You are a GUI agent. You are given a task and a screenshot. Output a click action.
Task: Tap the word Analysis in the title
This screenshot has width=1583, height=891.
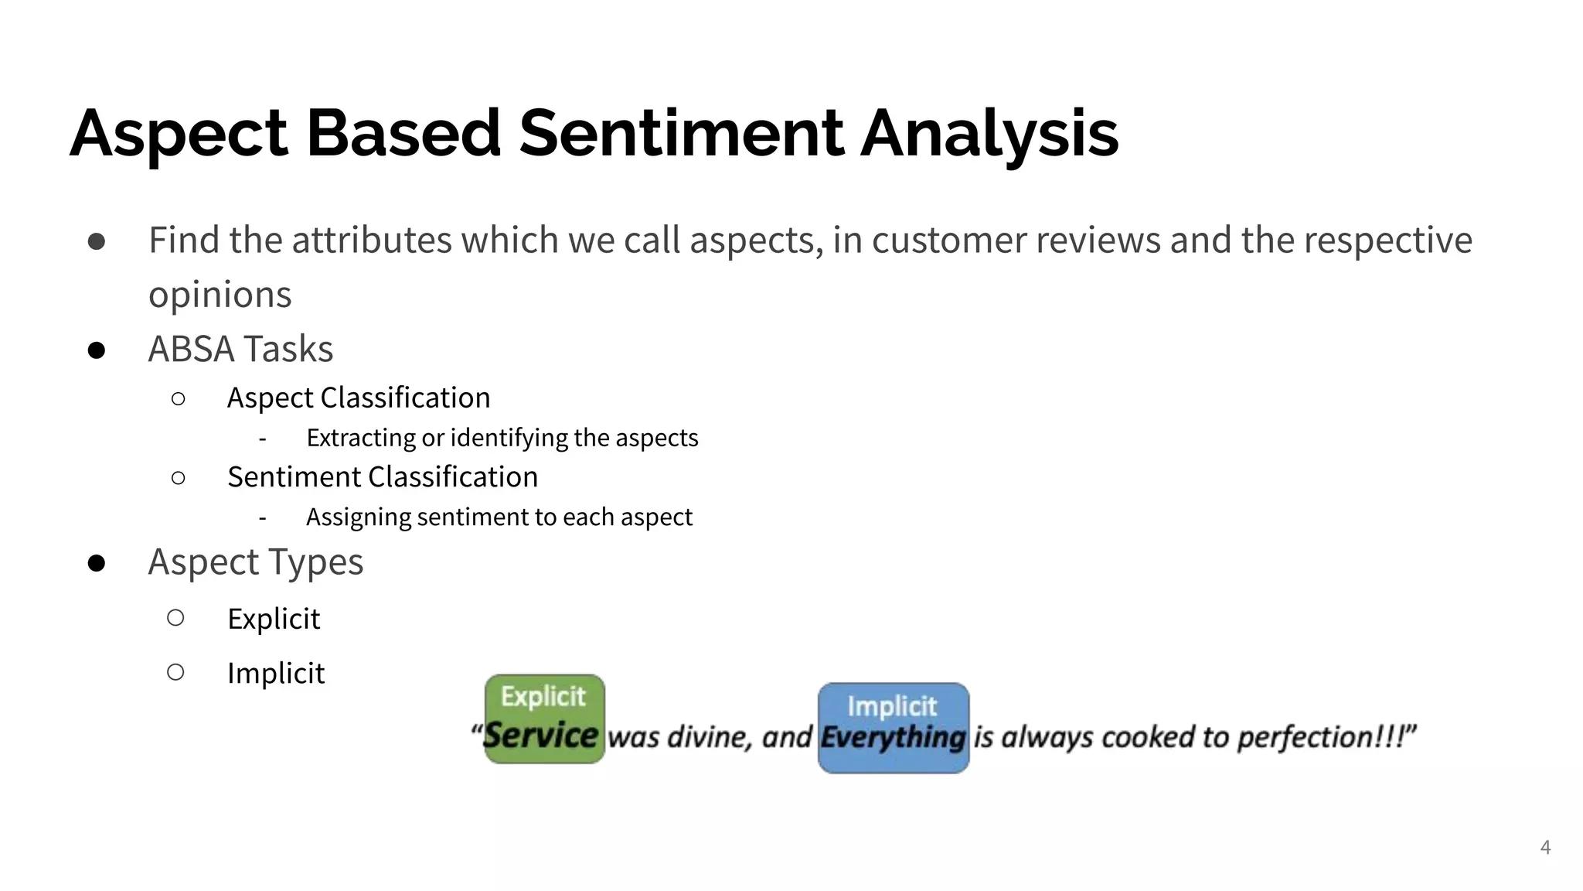tap(989, 133)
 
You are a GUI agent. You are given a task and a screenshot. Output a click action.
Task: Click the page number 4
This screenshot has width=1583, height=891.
tap(1545, 847)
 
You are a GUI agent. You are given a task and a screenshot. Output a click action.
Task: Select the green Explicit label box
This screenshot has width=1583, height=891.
tap(543, 696)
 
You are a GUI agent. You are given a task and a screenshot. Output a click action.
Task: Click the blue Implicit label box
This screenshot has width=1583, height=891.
tap(892, 705)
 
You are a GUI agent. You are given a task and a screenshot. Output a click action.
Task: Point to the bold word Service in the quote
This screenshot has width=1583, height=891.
tap(541, 736)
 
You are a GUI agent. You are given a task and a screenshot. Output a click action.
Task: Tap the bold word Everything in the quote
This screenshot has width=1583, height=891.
tap(893, 737)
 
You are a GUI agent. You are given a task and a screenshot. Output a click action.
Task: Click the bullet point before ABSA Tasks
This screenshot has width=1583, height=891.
tap(97, 350)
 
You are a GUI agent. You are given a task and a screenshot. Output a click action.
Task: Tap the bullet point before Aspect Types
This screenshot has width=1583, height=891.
tap(97, 563)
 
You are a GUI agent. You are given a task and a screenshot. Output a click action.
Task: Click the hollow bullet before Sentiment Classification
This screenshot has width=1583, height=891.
tap(178, 478)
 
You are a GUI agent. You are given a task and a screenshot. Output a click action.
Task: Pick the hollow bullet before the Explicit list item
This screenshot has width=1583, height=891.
tap(175, 618)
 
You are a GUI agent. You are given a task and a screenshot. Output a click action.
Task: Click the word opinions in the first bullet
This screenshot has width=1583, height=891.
tap(220, 295)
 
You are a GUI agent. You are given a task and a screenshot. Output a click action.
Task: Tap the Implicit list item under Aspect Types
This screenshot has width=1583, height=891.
tap(276, 673)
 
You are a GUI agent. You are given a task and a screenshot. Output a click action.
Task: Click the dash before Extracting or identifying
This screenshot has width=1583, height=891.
tap(263, 439)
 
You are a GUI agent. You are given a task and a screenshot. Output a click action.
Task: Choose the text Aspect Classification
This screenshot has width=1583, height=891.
tap(359, 398)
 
